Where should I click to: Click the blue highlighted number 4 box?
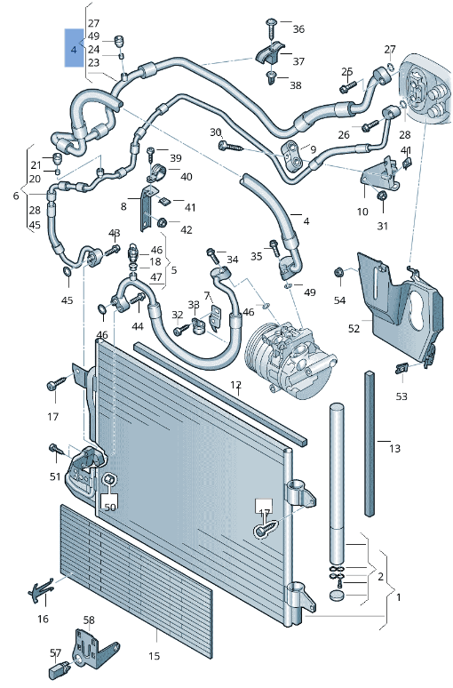click(x=73, y=50)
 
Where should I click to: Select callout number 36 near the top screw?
click(x=298, y=29)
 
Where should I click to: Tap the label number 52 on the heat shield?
click(x=354, y=329)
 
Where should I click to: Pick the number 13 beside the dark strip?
click(x=395, y=448)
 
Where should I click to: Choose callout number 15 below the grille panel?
click(x=154, y=657)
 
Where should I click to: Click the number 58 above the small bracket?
click(x=89, y=620)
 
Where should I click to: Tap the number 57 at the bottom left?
click(x=55, y=652)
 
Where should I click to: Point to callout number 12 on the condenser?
click(x=236, y=385)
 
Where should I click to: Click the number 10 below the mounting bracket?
click(x=362, y=212)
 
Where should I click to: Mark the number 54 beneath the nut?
click(x=339, y=300)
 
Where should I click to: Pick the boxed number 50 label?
click(x=110, y=507)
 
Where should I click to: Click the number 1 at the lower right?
click(x=398, y=596)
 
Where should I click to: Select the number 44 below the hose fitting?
click(x=138, y=326)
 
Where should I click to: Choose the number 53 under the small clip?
click(x=401, y=396)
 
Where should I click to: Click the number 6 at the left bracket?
click(x=16, y=195)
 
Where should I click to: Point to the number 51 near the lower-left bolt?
click(x=56, y=477)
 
